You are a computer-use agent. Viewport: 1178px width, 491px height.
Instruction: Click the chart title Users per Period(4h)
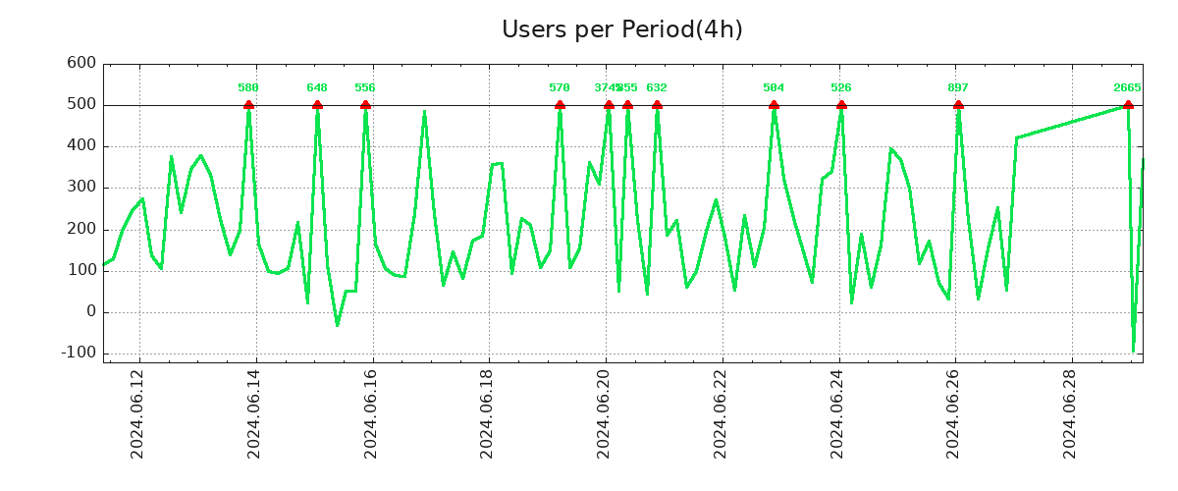(x=621, y=29)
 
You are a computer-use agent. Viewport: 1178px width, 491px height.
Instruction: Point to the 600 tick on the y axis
(x=81, y=63)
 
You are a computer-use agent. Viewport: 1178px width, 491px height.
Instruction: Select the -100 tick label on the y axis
(x=77, y=353)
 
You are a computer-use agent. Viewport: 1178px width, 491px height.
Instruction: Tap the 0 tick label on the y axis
(x=90, y=311)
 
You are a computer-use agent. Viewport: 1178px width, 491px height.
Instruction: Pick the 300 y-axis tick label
(x=81, y=188)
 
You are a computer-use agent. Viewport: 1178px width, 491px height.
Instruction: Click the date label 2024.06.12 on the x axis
(x=138, y=413)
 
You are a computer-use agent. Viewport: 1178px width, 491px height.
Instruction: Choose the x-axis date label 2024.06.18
(x=489, y=413)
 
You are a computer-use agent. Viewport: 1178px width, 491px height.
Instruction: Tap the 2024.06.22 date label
(x=723, y=413)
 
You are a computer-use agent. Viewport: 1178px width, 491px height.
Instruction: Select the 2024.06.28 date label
(x=1073, y=413)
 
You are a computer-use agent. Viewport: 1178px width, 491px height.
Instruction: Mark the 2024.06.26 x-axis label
(x=956, y=413)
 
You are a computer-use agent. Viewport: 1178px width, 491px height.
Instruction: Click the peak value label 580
(x=248, y=88)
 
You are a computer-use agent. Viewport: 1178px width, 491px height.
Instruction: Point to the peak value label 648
(x=317, y=88)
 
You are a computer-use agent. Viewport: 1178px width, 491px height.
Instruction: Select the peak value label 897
(x=958, y=88)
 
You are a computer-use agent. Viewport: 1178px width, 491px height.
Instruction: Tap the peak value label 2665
(x=1127, y=88)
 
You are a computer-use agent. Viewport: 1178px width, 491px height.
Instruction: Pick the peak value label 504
(x=774, y=88)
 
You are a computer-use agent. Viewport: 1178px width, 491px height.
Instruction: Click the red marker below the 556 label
(x=365, y=105)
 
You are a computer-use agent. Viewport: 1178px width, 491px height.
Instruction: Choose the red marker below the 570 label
(x=560, y=105)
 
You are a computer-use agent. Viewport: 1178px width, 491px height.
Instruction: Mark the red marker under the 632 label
(x=657, y=105)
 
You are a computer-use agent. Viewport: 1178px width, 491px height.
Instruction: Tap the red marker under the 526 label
(x=841, y=105)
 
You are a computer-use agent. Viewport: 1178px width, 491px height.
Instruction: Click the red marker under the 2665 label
(x=1128, y=105)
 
